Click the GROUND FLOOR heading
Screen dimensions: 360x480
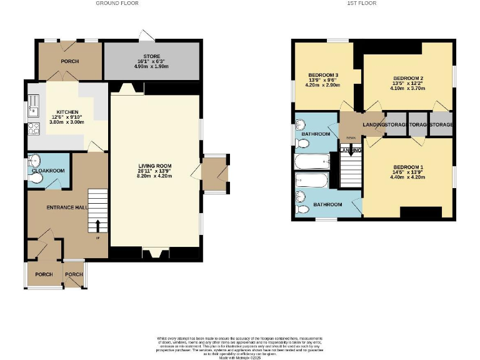point(117,3)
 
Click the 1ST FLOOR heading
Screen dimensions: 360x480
point(361,3)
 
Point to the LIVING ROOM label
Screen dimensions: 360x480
point(154,166)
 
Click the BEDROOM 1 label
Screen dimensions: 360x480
point(408,167)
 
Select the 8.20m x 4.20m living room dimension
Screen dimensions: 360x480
point(154,176)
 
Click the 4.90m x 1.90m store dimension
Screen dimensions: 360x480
point(152,67)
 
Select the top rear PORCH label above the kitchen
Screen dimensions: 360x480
point(69,61)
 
